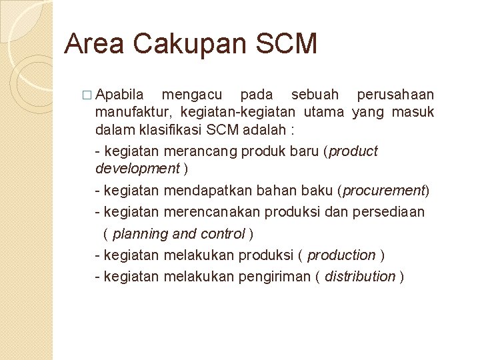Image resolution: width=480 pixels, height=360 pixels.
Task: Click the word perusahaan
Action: coord(395,94)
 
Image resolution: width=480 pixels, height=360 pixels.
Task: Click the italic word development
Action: coord(137,168)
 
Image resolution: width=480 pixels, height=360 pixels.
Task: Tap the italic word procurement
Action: coord(383,191)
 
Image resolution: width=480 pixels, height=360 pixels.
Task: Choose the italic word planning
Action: coord(141,234)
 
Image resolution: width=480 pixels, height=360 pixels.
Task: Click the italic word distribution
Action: coord(359,277)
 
